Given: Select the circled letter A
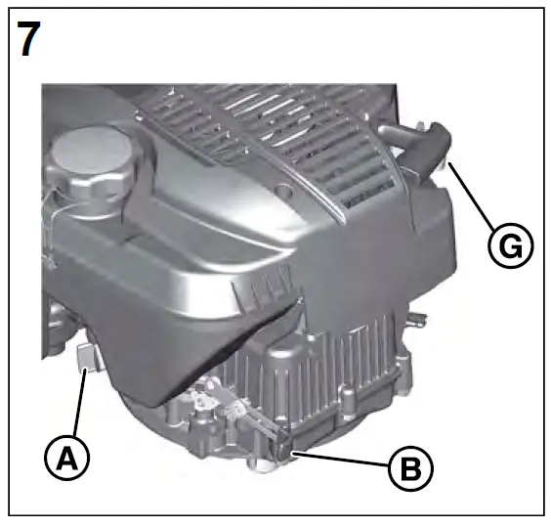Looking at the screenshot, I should (x=67, y=456).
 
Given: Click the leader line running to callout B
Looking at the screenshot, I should (x=343, y=460).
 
